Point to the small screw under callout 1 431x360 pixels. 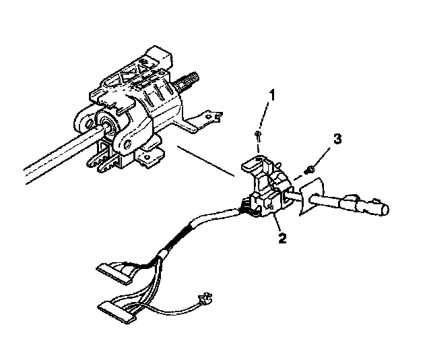click(259, 137)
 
